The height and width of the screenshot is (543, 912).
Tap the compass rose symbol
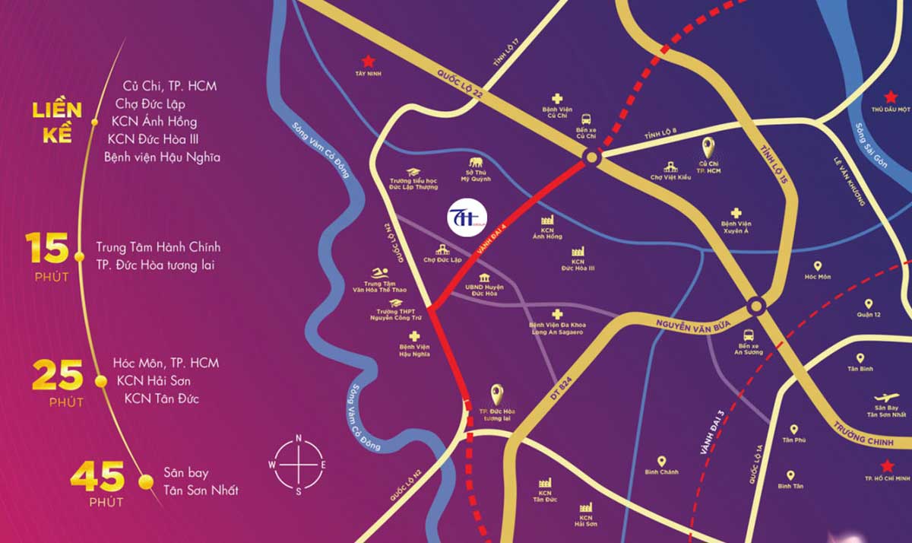click(299, 465)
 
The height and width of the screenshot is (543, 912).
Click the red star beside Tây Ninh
click(368, 60)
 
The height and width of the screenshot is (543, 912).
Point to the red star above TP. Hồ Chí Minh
click(885, 465)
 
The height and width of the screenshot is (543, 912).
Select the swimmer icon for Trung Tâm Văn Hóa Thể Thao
click(381, 274)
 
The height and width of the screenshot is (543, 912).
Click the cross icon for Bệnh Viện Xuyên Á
click(735, 214)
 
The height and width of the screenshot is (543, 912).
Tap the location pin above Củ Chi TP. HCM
click(708, 147)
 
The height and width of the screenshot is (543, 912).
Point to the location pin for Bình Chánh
click(661, 461)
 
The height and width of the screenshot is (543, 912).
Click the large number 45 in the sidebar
click(97, 477)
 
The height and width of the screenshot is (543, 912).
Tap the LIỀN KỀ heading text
click(57, 122)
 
